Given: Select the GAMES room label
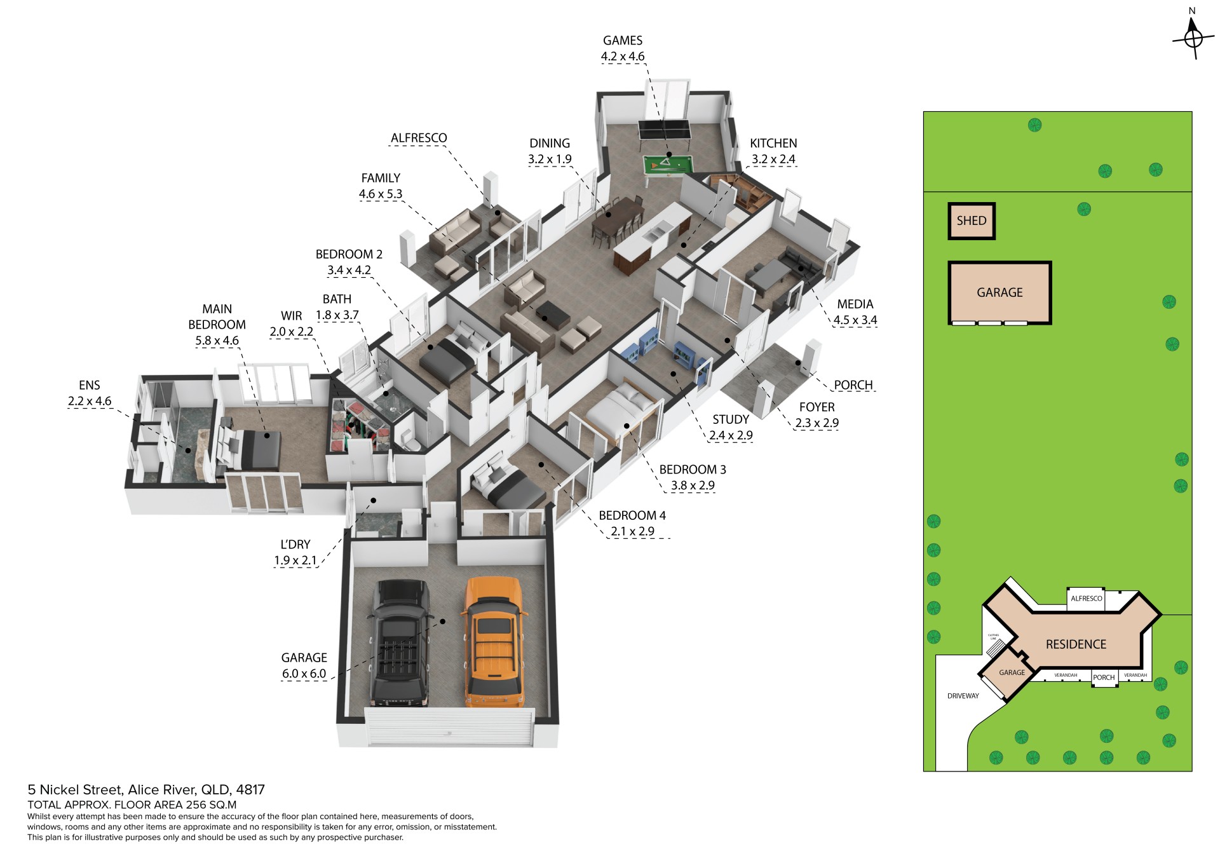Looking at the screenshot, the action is pos(623,41).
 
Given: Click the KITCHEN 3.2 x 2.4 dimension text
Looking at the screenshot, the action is pos(773,160).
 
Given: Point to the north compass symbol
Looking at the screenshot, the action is pos(1193,35).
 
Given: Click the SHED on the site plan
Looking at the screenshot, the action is pos(972,221).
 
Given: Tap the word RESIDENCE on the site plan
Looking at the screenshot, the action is pos(1076,644).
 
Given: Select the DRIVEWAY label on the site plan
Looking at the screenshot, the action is pos(963,696).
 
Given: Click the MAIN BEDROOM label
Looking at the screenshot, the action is pos(217,316).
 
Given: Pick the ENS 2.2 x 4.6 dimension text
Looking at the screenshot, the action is pos(90,401).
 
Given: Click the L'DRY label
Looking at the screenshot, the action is pos(295,545).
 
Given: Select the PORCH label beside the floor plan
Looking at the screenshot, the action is pos(853,385).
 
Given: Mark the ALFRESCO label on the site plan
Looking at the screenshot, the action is pos(1087,599).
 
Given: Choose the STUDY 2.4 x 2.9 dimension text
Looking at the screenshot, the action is pos(731,435).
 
